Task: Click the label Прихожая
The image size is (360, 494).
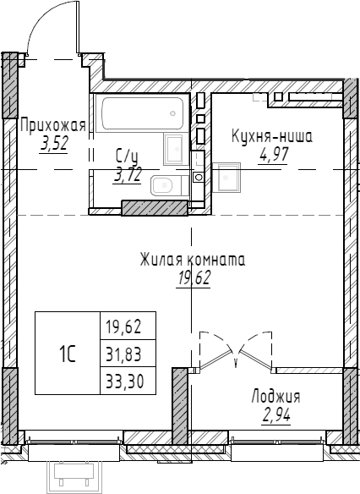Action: (52, 126)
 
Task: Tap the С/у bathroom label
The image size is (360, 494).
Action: (127, 156)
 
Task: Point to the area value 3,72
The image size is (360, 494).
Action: (128, 173)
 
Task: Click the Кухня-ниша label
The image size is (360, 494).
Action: (272, 134)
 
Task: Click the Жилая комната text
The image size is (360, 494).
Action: (193, 260)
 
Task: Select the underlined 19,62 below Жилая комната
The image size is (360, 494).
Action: (193, 277)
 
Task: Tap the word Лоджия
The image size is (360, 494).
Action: (275, 396)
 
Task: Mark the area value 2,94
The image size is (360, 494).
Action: (275, 414)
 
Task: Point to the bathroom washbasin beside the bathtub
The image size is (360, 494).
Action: (173, 149)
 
